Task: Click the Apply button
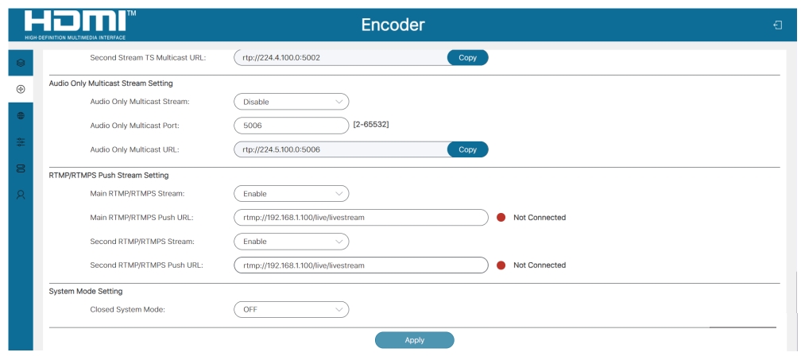pyautogui.click(x=414, y=340)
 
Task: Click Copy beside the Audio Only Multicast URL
pyautogui.click(x=467, y=149)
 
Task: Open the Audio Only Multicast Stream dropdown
pyautogui.click(x=291, y=102)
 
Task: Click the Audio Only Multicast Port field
pyautogui.click(x=291, y=125)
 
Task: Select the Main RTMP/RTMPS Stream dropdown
pyautogui.click(x=291, y=194)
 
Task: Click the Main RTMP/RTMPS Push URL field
pyautogui.click(x=361, y=218)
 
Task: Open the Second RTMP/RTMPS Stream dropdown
pyautogui.click(x=291, y=242)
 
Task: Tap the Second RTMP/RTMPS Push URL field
pyautogui.click(x=361, y=265)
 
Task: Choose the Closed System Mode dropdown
pyautogui.click(x=291, y=309)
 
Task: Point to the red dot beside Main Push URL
pyautogui.click(x=501, y=218)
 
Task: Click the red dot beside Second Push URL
pyautogui.click(x=501, y=265)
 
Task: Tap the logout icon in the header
pyautogui.click(x=777, y=25)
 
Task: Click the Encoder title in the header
pyautogui.click(x=393, y=25)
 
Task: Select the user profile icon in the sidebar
pyautogui.click(x=21, y=195)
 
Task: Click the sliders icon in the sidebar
pyautogui.click(x=21, y=142)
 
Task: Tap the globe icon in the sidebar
pyautogui.click(x=21, y=115)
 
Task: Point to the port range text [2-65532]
pyautogui.click(x=371, y=124)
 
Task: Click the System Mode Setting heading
pyautogui.click(x=86, y=292)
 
